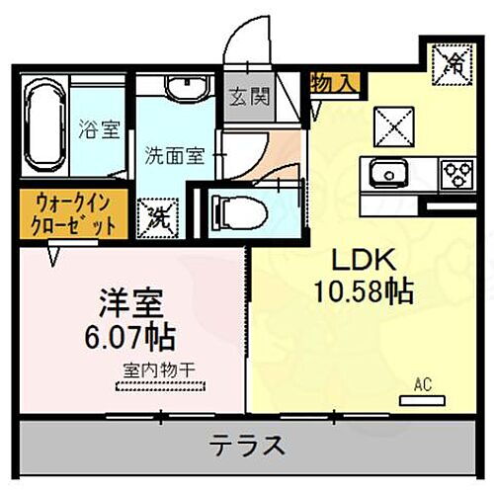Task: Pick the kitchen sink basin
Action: click(x=387, y=176)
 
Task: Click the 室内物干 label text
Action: click(x=158, y=370)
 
